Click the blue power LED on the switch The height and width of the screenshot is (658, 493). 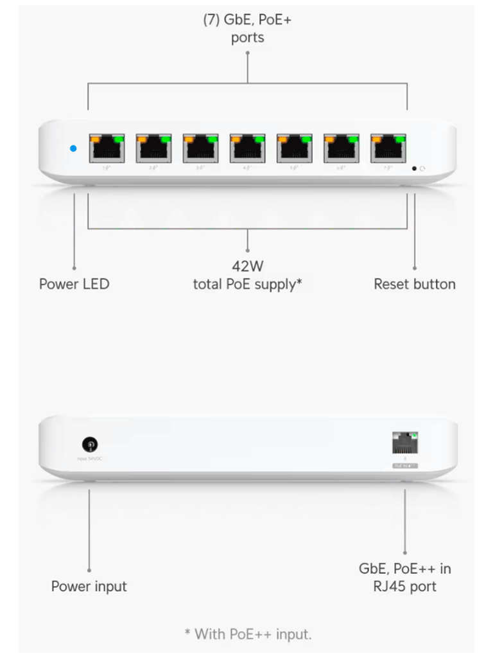tap(73, 148)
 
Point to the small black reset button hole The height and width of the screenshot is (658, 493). tap(414, 168)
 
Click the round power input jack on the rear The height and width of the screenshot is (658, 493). tap(91, 444)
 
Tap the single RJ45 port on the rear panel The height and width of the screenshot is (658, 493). tap(405, 444)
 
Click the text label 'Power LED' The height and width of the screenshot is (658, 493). tap(74, 284)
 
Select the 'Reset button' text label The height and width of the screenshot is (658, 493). tap(415, 284)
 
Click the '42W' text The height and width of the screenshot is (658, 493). tap(248, 266)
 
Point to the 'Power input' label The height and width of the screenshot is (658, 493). tap(89, 586)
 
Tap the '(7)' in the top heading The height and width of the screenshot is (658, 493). tap(212, 19)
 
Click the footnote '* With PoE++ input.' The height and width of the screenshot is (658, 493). tap(248, 634)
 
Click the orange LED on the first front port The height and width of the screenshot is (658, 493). tap(96, 139)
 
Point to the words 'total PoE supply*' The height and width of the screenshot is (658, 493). tap(248, 284)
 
